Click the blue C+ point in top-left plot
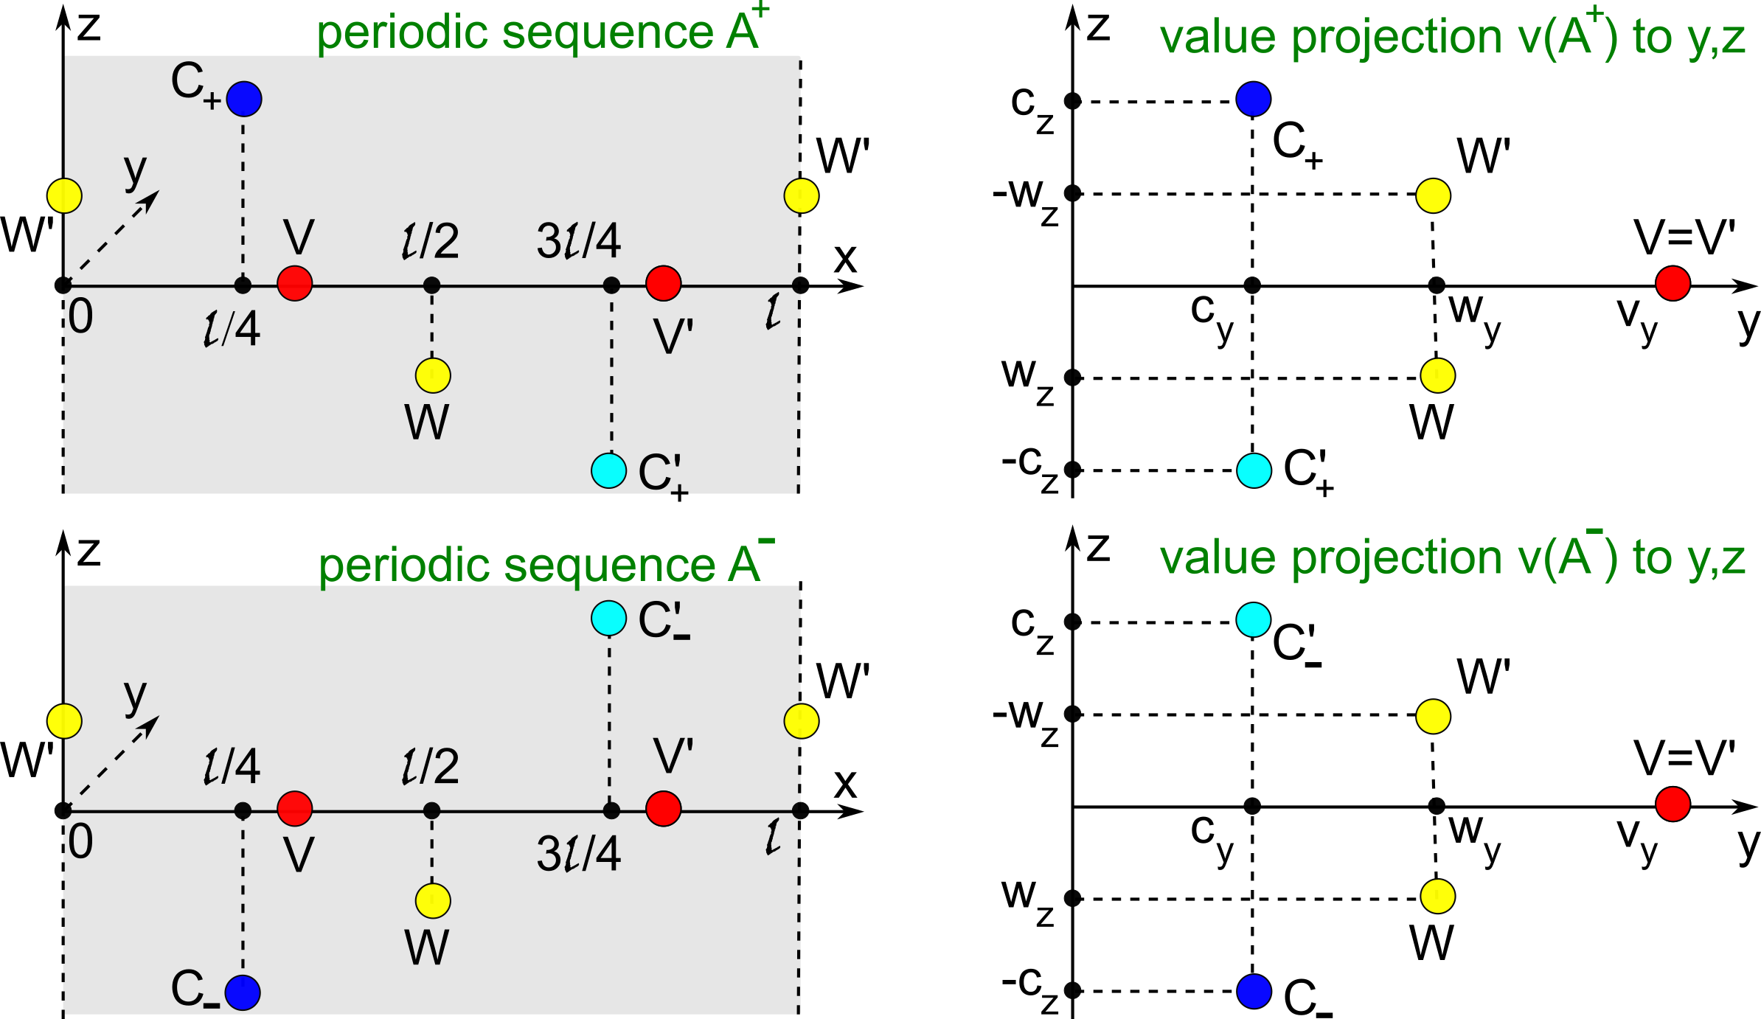[244, 99]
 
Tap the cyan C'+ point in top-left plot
[609, 470]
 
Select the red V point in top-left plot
[295, 283]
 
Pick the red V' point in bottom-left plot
[664, 808]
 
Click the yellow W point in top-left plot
[433, 376]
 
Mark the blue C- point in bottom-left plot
[243, 992]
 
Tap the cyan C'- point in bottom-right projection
[1254, 619]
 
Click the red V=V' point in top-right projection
[1673, 284]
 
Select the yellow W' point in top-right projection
[1434, 195]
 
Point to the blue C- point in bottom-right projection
[1254, 990]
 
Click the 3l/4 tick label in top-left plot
[579, 241]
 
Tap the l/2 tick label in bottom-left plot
[430, 766]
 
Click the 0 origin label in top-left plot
[81, 318]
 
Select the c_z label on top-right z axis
[1032, 108]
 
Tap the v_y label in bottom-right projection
[1637, 841]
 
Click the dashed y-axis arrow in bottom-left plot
[118, 759]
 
